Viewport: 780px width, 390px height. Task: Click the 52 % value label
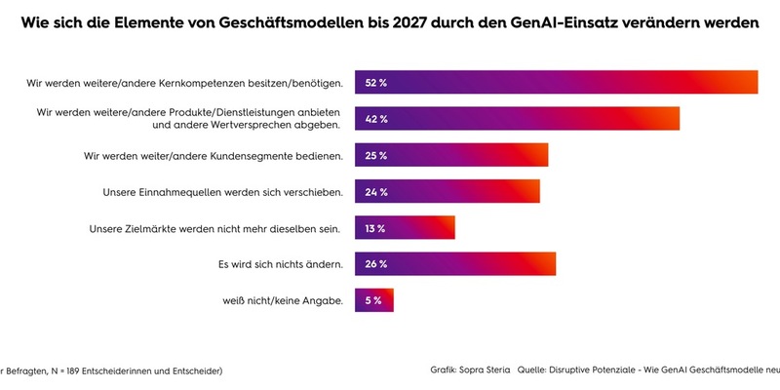point(376,83)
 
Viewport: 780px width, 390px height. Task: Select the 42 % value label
point(376,119)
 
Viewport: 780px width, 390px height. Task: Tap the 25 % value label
point(376,155)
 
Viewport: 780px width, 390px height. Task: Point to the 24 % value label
point(376,192)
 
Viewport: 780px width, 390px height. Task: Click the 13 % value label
point(375,229)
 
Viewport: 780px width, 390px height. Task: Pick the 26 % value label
point(376,264)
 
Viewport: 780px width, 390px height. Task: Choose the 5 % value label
point(373,300)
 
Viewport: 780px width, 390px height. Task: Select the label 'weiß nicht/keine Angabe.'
point(283,300)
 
